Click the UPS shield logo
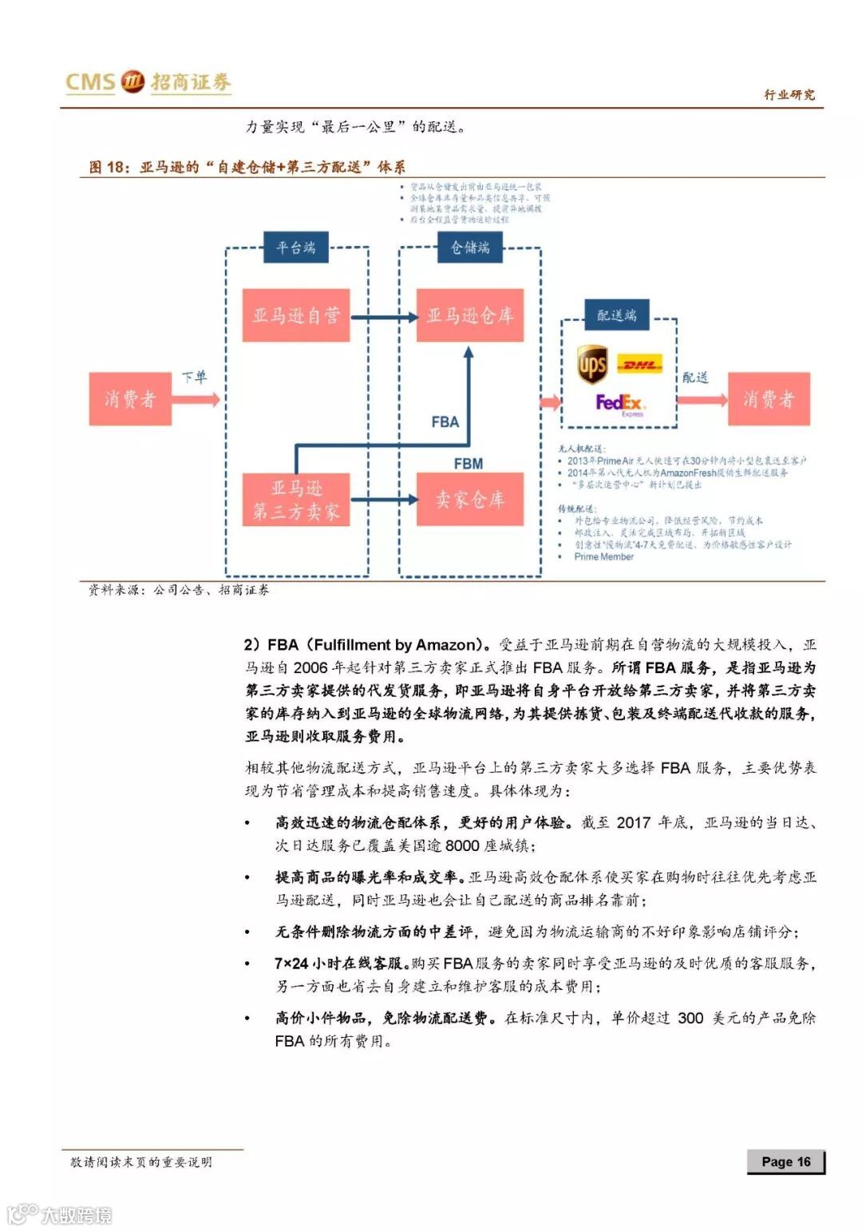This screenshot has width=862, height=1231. point(592,365)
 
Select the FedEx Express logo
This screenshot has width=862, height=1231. point(620,403)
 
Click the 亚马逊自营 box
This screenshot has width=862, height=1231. point(296,316)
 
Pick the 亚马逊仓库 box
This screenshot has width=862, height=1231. point(470,316)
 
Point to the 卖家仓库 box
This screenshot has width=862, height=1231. point(470,500)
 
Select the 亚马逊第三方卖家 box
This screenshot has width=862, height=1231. point(296,500)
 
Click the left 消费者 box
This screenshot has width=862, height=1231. point(130,398)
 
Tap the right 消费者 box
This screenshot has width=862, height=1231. point(769,398)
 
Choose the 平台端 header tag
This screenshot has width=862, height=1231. point(296,247)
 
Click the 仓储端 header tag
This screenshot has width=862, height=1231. point(470,247)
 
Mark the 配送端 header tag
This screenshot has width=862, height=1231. point(617,315)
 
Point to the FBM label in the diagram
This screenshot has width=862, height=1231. point(469,464)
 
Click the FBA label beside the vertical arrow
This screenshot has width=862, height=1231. point(445,422)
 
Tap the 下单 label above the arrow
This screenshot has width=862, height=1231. point(194,377)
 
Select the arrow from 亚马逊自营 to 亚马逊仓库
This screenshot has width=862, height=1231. point(384,317)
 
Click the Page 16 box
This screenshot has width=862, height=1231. point(785,1162)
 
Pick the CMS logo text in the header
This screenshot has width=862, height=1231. point(90,82)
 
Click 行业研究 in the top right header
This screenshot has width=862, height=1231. point(789,95)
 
